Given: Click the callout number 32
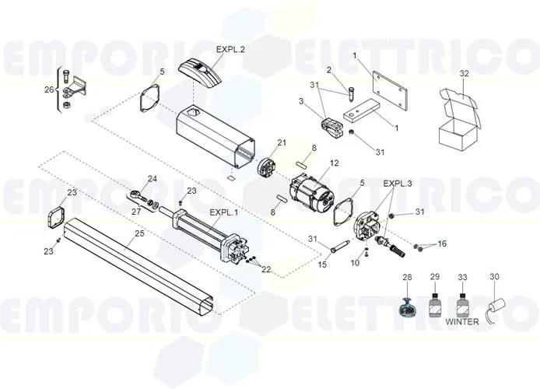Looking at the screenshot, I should pos(465,74).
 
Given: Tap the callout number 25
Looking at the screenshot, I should pos(139,233).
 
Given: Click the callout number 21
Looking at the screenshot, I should pos(282,142).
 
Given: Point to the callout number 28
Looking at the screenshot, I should pos(407,278).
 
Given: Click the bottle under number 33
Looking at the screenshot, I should pos(463,303).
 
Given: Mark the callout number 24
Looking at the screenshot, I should pos(153,179).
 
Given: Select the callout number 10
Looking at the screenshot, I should pos(355,263).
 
